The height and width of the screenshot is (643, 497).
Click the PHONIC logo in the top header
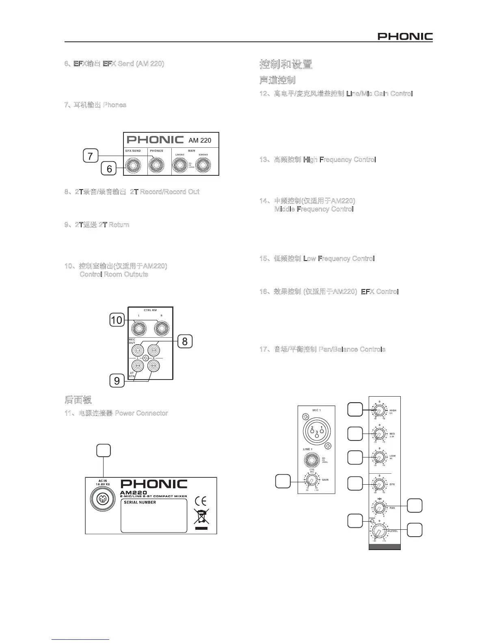point(405,37)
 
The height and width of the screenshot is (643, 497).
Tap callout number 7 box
point(90,156)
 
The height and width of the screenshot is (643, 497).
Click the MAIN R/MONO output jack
point(203,166)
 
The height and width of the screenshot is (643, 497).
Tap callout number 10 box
point(117,320)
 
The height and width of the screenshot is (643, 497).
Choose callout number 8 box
point(185,341)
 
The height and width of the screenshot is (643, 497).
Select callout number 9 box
point(117,381)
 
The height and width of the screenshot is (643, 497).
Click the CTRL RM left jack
point(139,327)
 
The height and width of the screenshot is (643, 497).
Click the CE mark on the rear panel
point(201,500)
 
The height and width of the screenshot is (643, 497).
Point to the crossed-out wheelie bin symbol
point(201,518)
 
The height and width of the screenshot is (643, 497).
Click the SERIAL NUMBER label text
point(140,502)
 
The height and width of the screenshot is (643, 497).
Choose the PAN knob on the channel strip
point(378,507)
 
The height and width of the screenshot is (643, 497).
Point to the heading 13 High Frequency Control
point(318,160)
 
